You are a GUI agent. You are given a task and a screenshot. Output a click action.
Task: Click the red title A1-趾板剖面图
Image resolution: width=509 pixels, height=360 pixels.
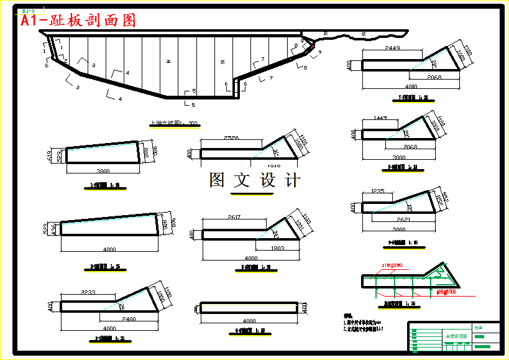point(78,21)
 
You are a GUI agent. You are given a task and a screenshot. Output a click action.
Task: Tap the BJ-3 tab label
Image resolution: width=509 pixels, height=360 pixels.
point(28,11)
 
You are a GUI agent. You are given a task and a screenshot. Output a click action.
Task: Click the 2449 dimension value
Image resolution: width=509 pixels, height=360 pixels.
point(392,48)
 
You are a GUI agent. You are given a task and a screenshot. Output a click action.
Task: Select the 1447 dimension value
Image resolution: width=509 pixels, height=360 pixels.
point(382,118)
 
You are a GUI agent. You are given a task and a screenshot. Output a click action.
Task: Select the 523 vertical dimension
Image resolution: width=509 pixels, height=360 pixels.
point(47,228)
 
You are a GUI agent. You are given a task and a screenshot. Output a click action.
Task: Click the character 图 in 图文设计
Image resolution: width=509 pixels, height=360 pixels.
point(218,180)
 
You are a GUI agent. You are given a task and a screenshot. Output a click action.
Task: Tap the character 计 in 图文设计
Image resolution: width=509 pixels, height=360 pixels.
point(292,180)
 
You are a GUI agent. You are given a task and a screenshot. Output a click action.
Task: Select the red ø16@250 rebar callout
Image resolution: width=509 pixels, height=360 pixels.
point(391,265)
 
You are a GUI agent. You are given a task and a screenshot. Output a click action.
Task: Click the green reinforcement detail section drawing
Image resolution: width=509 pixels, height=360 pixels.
point(410,280)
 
